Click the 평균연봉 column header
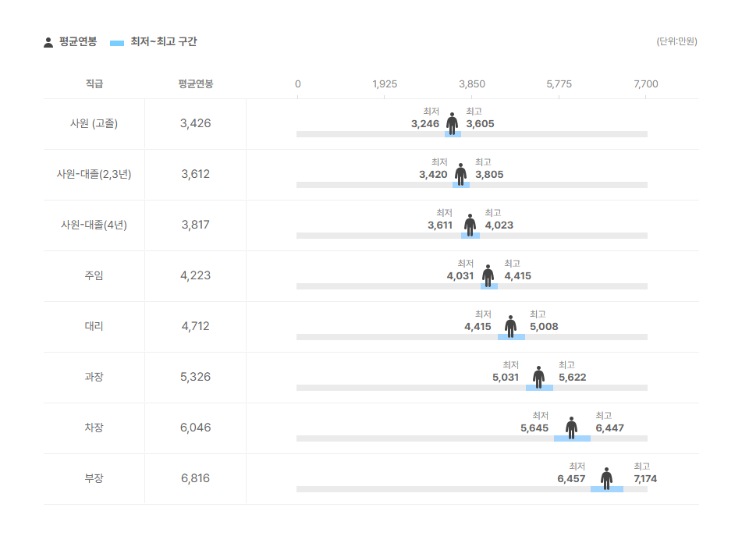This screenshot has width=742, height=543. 195,84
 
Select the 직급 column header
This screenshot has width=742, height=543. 94,84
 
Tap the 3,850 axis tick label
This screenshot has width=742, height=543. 472,84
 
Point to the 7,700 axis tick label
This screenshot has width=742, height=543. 646,84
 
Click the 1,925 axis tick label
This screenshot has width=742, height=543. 385,84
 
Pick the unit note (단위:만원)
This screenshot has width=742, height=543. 676,41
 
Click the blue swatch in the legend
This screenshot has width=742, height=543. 117,42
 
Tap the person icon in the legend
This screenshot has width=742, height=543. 48,42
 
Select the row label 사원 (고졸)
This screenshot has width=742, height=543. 94,123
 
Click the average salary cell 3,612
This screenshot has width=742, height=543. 195,174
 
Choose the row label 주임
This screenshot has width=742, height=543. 94,275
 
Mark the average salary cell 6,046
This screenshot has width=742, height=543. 195,428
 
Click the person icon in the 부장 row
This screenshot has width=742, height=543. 606,477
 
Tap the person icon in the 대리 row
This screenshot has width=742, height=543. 510,325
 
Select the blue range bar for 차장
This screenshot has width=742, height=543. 572,438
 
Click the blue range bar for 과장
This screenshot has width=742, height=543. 539,388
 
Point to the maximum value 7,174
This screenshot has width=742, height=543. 645,479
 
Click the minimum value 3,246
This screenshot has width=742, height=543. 425,124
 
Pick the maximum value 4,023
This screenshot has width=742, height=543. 499,225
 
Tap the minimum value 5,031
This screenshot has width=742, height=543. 506,378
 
